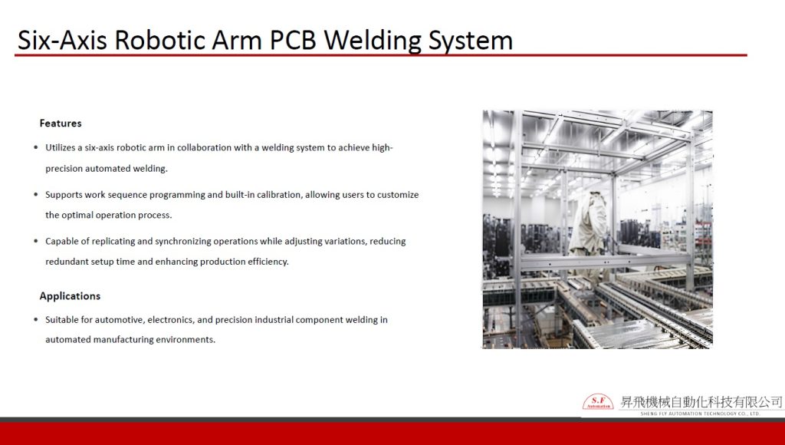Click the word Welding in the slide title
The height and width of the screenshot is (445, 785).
coord(373,40)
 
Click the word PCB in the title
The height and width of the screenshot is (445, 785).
coord(294,40)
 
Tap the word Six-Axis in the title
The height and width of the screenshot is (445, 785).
coord(62,40)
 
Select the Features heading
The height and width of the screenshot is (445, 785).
coord(61,124)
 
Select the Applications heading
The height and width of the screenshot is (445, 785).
coord(70,295)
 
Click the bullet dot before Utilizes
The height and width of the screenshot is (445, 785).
coord(35,147)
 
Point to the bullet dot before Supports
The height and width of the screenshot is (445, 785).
coord(35,194)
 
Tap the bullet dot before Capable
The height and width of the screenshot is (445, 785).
coord(35,241)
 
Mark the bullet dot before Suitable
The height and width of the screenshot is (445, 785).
coord(35,319)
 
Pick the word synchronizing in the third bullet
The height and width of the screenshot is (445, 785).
coord(183,242)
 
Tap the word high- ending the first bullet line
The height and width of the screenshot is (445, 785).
coord(383,147)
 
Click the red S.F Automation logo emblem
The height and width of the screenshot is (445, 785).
coord(598,401)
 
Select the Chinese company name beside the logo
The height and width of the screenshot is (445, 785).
coord(701,401)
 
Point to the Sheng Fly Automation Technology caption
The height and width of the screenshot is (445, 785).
coord(701,414)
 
